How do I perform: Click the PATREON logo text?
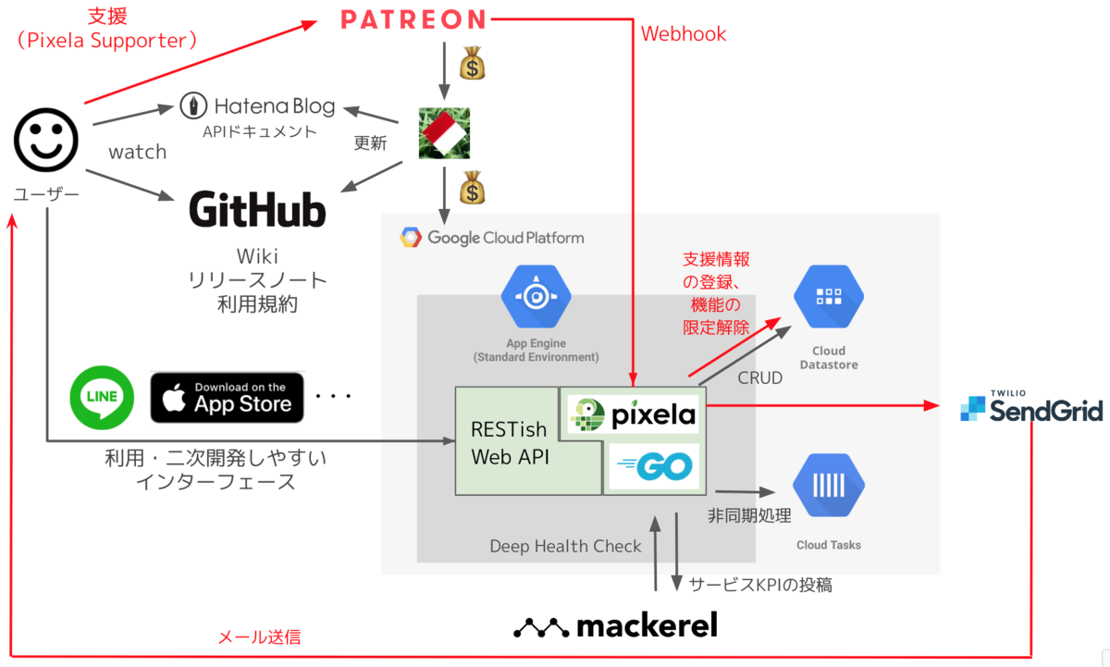click(x=413, y=19)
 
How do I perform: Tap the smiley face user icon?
click(x=46, y=140)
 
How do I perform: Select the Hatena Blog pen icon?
click(x=193, y=105)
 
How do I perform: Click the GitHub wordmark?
click(x=258, y=210)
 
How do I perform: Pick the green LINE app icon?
click(x=102, y=398)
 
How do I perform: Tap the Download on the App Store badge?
click(x=227, y=398)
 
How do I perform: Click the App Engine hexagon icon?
click(x=536, y=296)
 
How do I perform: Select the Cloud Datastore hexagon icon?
click(x=829, y=296)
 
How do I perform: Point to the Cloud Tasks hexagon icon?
click(x=829, y=485)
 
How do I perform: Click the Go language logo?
click(x=655, y=466)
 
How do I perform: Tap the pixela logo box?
click(x=633, y=414)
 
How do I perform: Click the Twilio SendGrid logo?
click(x=1031, y=406)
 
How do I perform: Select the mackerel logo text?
click(x=615, y=624)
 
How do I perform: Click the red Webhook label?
click(x=684, y=33)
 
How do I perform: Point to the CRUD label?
click(x=759, y=377)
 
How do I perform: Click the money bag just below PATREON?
click(x=473, y=63)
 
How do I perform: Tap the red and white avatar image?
click(x=444, y=133)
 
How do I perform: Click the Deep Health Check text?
click(x=565, y=546)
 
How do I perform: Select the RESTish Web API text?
click(x=510, y=443)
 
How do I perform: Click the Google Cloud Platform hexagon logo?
click(x=411, y=238)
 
